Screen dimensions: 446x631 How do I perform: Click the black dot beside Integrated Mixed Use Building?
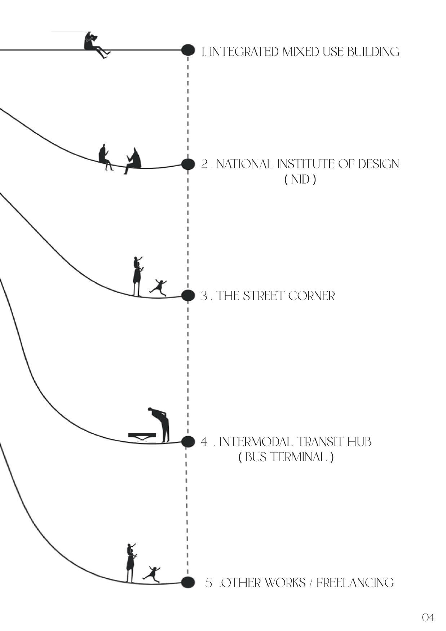pos(188,50)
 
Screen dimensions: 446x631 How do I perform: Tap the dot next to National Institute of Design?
pos(188,164)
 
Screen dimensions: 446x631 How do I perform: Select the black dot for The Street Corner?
pos(188,296)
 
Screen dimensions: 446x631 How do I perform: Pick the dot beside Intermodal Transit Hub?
pos(188,441)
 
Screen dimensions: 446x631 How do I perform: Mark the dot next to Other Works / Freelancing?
pos(188,582)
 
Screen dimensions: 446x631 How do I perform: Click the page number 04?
pos(428,618)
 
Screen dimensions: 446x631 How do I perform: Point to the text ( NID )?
pos(300,179)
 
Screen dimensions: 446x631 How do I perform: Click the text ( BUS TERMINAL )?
pos(286,457)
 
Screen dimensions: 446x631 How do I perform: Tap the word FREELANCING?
pos(355,583)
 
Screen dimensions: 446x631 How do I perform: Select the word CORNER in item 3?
pos(312,296)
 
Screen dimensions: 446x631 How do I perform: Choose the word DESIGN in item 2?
pos(379,164)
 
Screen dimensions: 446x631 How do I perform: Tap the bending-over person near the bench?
pos(162,424)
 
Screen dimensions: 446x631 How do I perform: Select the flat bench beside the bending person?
pos(142,436)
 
